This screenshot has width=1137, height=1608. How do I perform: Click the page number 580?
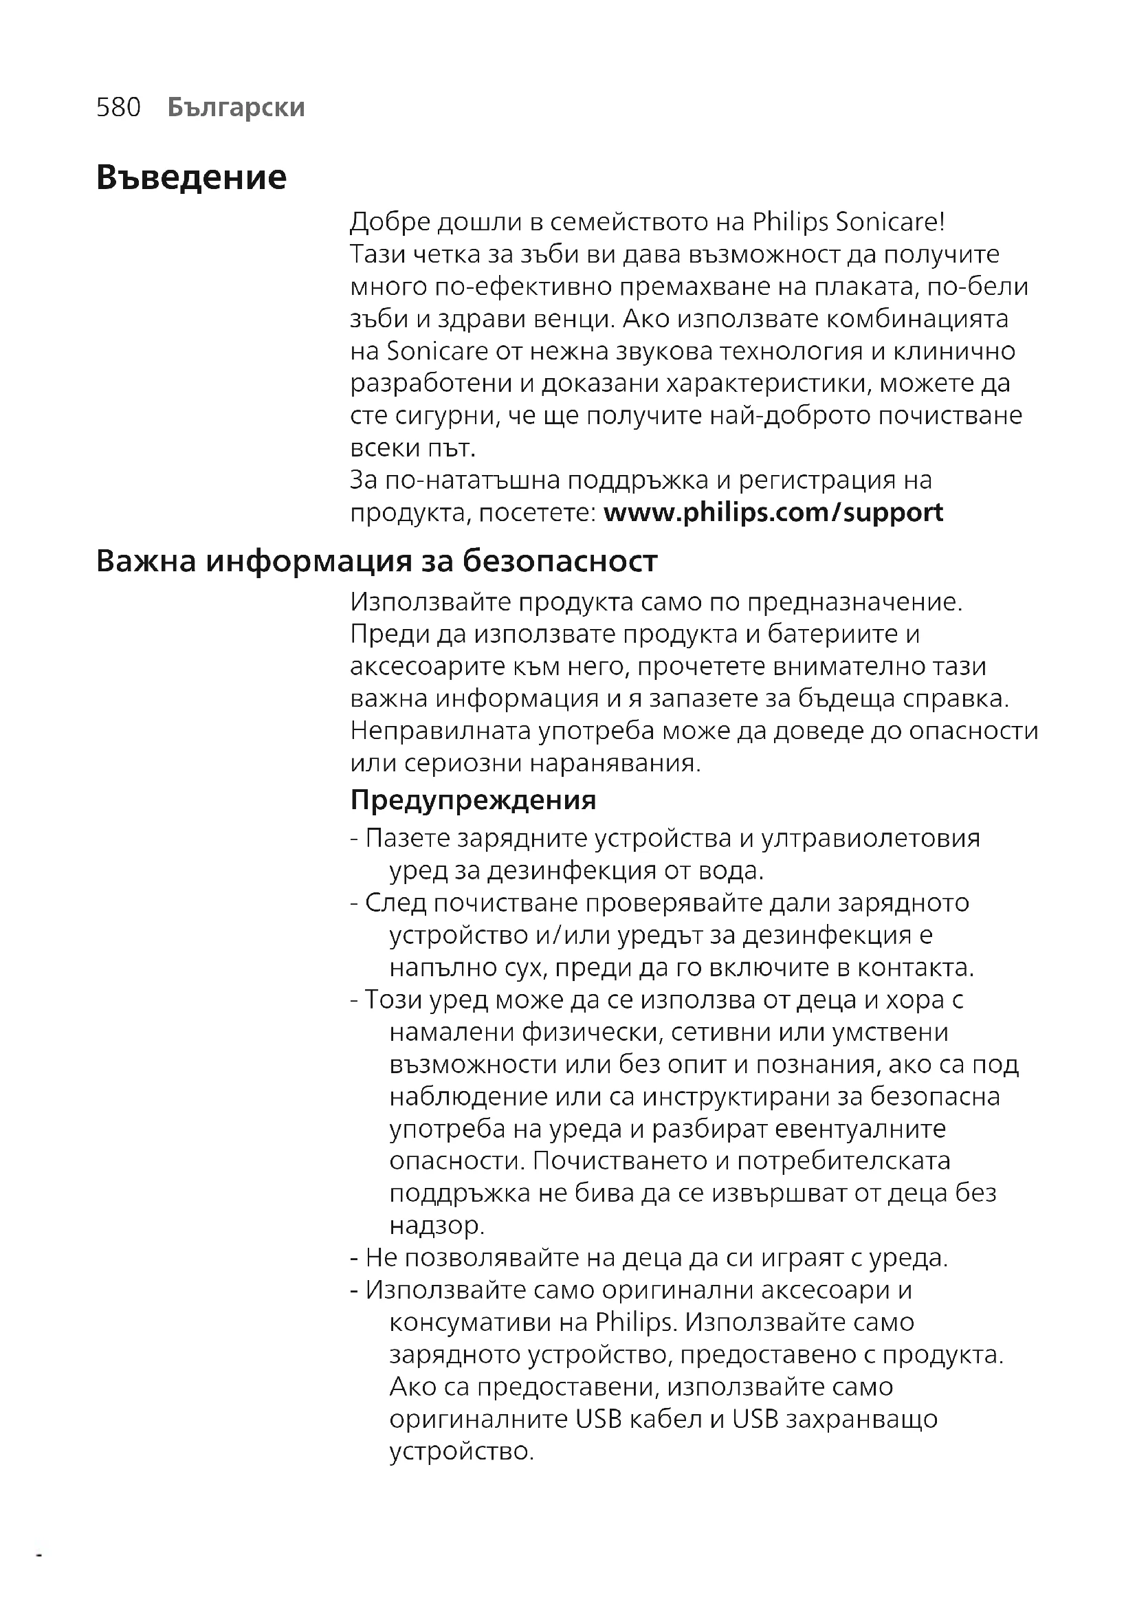[x=118, y=107]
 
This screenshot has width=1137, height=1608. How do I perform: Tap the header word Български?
[x=236, y=107]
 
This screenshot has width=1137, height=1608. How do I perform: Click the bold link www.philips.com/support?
[x=773, y=512]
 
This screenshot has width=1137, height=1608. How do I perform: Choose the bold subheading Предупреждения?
[x=472, y=800]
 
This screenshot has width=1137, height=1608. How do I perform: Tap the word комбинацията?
[x=917, y=319]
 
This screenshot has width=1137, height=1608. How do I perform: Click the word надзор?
[x=437, y=1225]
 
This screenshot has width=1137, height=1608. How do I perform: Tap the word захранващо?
[x=861, y=1418]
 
